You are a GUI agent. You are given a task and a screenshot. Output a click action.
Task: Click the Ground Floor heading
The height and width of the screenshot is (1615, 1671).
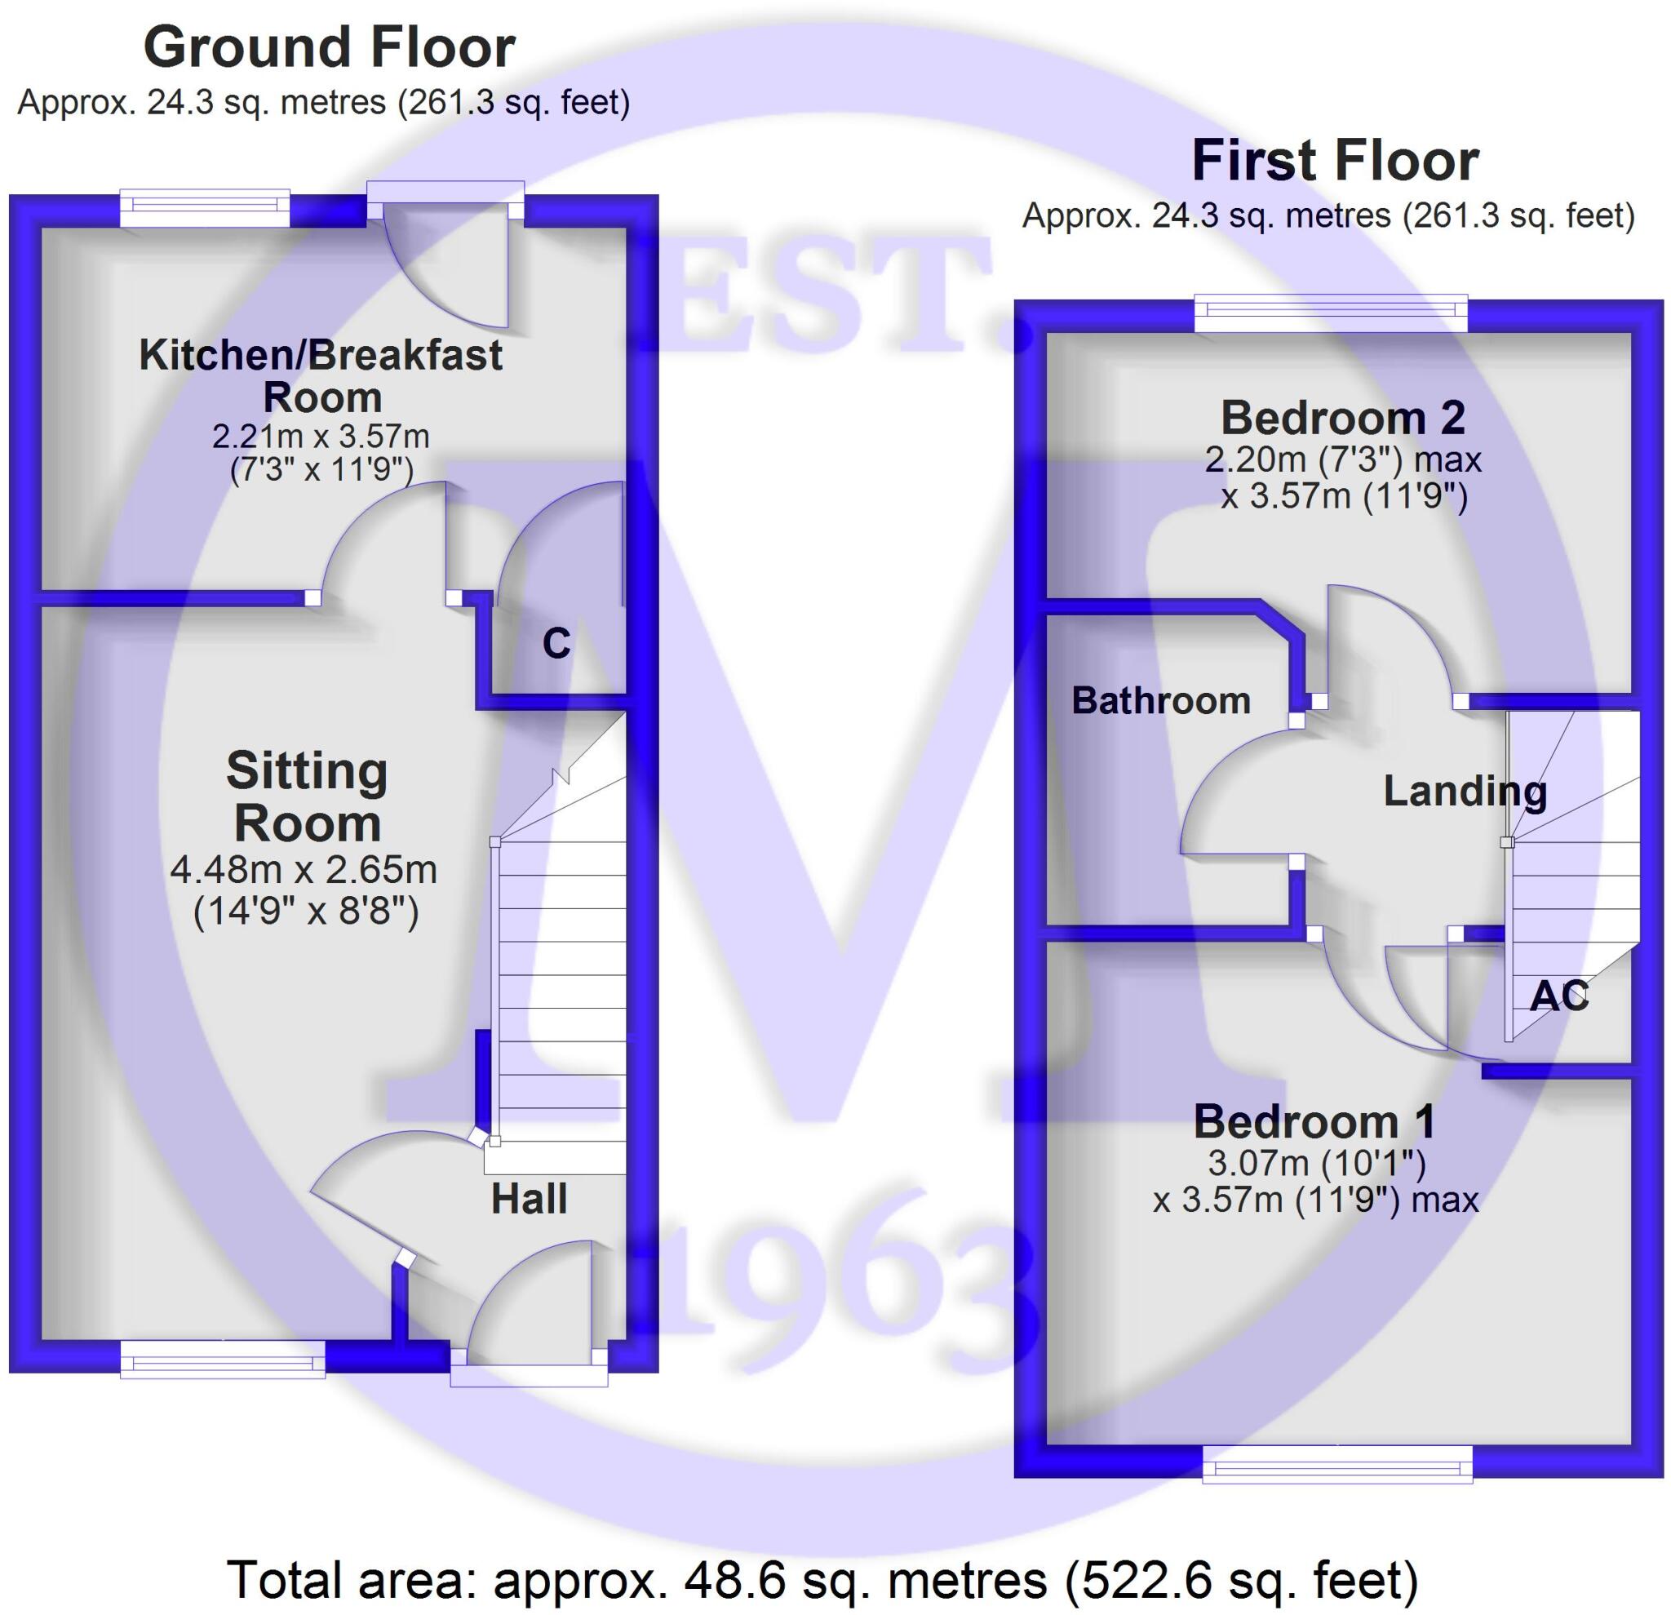click(x=329, y=48)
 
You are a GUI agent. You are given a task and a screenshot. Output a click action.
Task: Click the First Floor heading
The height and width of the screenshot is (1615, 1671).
click(x=1334, y=161)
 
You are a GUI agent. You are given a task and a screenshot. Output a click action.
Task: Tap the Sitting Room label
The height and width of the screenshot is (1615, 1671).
click(x=307, y=797)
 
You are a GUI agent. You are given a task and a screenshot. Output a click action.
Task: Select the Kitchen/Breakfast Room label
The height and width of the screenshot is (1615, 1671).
click(x=321, y=376)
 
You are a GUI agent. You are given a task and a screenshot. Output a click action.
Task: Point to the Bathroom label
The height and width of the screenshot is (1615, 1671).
click(x=1160, y=701)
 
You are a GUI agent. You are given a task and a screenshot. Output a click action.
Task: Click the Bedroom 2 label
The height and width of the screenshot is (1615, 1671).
click(x=1343, y=418)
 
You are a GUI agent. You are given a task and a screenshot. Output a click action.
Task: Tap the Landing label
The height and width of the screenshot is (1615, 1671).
click(x=1465, y=792)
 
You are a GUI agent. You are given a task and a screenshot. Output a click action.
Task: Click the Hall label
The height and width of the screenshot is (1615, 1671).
click(x=529, y=1199)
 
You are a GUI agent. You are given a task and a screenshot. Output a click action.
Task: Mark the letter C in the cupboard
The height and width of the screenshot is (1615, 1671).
click(x=556, y=644)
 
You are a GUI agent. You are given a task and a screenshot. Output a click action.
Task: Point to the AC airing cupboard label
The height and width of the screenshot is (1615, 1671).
click(x=1559, y=995)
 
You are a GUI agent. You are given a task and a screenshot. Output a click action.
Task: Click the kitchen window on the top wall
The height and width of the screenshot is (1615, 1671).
click(x=205, y=209)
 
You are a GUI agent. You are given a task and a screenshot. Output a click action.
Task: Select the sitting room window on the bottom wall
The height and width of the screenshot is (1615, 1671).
click(x=223, y=1358)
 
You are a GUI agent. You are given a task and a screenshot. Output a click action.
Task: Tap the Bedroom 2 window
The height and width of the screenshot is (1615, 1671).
click(x=1330, y=313)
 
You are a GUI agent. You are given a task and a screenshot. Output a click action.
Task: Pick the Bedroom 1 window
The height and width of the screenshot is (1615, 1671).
click(x=1336, y=1465)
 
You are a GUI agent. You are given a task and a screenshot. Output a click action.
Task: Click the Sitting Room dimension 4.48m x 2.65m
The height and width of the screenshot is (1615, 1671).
click(x=304, y=870)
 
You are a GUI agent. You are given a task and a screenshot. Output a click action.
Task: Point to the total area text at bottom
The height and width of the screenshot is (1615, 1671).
click(x=822, y=1579)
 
